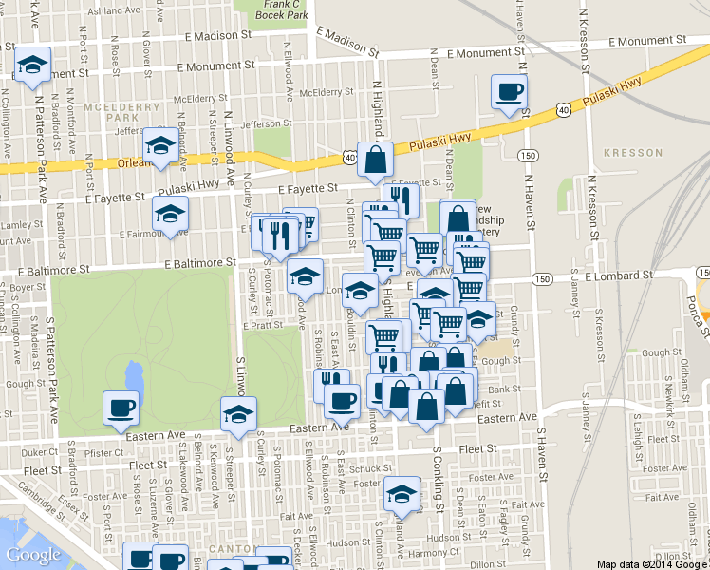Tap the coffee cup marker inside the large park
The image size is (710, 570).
click(121, 408)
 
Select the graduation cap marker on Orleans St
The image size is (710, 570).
click(160, 146)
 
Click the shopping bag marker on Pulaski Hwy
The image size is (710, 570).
click(376, 160)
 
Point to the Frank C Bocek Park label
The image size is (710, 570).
click(285, 10)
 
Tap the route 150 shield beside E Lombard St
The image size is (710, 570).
click(541, 278)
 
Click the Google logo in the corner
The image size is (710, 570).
click(33, 555)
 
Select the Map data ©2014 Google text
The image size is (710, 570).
click(652, 563)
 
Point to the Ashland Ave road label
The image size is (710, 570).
click(106, 11)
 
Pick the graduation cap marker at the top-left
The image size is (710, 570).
click(33, 66)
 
